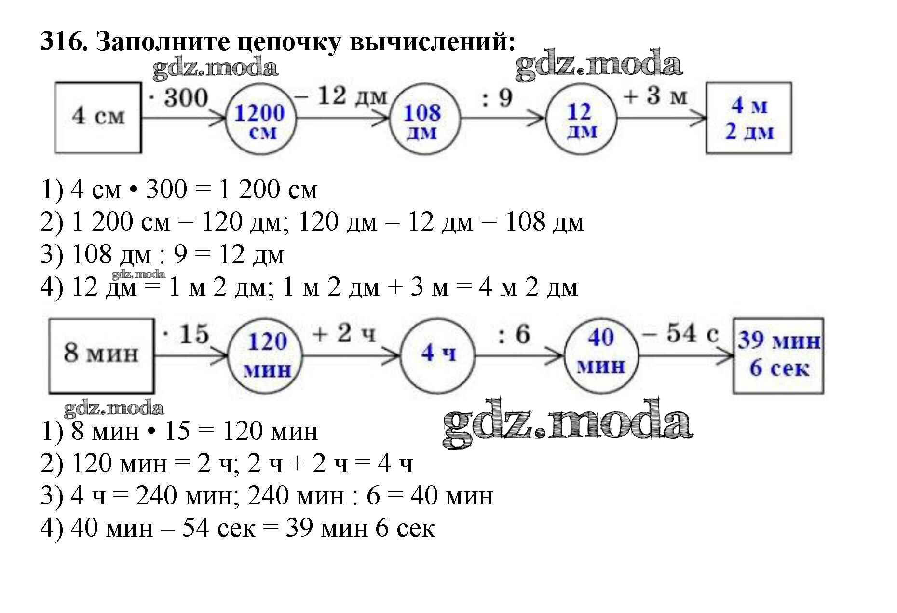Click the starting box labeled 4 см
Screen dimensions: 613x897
tap(98, 117)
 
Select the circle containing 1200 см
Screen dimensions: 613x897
tap(260, 118)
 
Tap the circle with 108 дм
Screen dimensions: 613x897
tap(423, 118)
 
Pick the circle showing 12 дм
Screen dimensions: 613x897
tap(581, 118)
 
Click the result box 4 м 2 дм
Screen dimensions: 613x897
tap(748, 118)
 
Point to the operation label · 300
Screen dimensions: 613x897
tap(179, 98)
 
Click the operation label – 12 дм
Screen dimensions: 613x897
tap(341, 95)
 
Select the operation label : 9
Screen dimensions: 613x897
tap(498, 98)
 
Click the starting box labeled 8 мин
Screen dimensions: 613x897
tap(101, 355)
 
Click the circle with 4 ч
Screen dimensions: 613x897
tap(437, 355)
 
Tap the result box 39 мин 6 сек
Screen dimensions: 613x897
tap(778, 355)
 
